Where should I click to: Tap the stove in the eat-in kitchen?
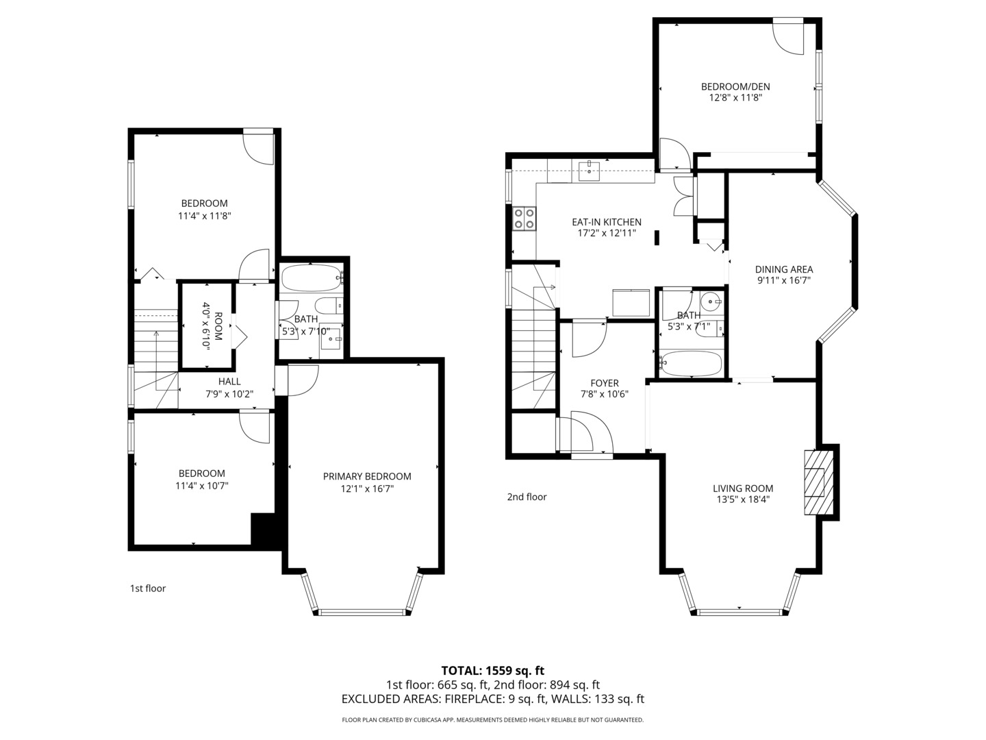point(524,219)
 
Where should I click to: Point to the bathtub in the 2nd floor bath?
point(690,364)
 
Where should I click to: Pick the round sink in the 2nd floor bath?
point(712,300)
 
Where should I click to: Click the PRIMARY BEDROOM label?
point(367,476)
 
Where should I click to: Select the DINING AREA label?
point(784,269)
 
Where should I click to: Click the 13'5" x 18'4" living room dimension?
point(743,500)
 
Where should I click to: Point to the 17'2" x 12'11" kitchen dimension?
point(607,233)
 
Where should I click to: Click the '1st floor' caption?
point(148,588)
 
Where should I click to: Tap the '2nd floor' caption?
point(527,497)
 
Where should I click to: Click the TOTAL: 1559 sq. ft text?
point(493,670)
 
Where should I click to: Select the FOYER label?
point(605,383)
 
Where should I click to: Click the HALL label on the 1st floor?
point(229,382)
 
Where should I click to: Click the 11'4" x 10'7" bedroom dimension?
point(201,485)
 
